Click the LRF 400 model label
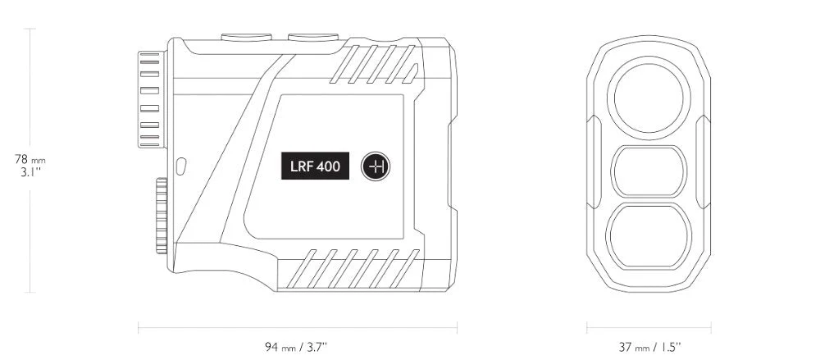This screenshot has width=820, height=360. [315, 166]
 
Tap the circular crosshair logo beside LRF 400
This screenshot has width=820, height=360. [376, 166]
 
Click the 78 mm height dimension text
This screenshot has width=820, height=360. [30, 160]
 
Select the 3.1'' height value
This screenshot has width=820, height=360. [30, 173]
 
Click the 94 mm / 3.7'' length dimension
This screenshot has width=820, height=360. [297, 346]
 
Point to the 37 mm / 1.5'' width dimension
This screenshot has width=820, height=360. [649, 346]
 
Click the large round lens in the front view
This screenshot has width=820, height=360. [649, 98]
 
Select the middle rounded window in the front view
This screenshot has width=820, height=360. [649, 171]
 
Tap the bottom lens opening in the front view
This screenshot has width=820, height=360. [649, 236]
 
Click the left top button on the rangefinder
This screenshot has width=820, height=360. [246, 37]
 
